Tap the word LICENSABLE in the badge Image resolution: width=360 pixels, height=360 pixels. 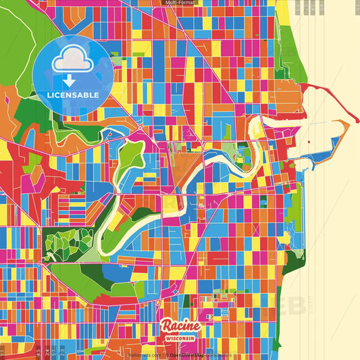tap(72, 94)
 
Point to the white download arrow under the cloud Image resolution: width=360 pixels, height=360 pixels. tap(69, 79)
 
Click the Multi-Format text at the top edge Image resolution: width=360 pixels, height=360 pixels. tap(180, 3)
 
